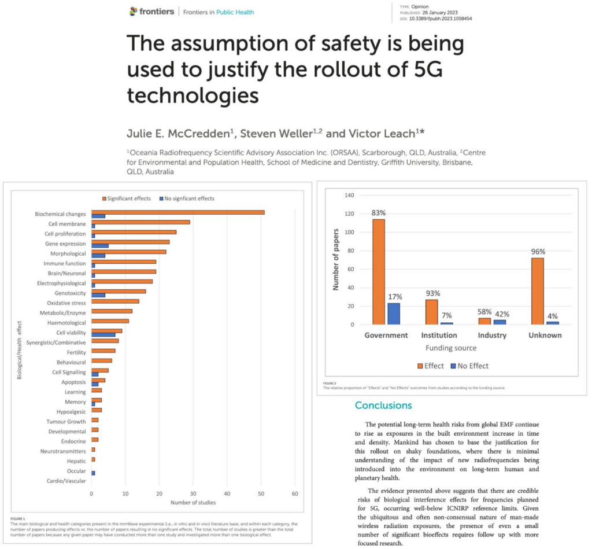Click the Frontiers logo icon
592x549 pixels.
pos(134,12)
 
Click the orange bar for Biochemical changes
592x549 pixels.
pos(178,212)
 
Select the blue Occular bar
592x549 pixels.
pos(93,473)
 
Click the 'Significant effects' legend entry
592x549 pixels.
pos(127,198)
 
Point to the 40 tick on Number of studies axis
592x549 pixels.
pos(227,493)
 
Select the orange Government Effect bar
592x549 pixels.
pos(379,272)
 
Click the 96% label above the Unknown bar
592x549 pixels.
pos(538,252)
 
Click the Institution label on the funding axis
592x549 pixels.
pos(439,335)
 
